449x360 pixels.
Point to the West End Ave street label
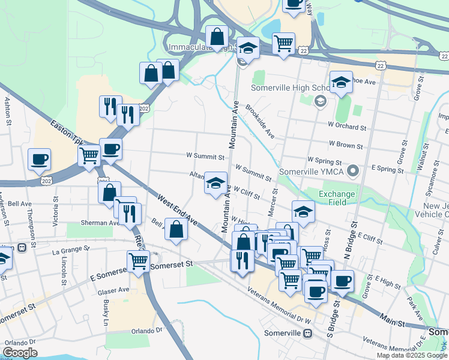pos(179,209)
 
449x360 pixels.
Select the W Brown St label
pos(346,145)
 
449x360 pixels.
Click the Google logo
pos(20,353)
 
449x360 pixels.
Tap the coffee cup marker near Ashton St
pos(40,160)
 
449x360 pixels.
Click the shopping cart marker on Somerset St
pos(138,262)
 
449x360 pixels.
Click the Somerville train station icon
pos(307,334)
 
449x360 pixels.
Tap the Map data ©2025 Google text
pos(412,355)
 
